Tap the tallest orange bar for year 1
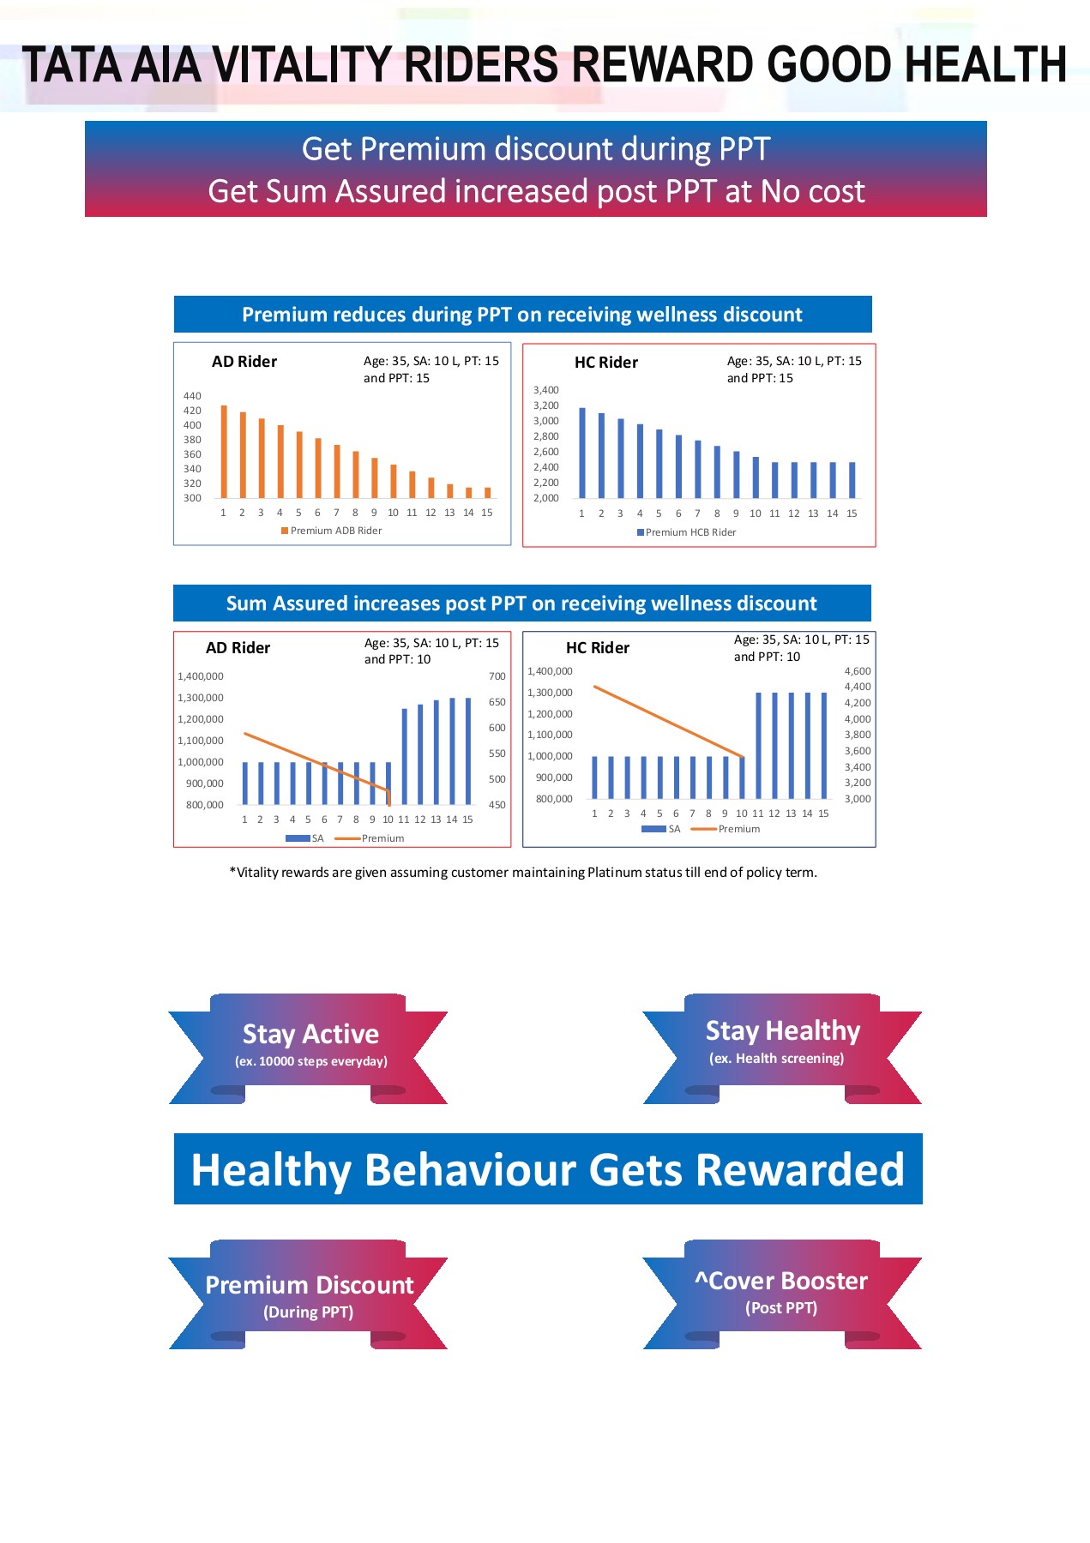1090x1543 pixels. coord(224,452)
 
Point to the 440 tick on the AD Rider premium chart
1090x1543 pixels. coord(192,396)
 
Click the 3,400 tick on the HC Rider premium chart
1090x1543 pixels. coord(545,390)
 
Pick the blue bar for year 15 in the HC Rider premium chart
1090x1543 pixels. coord(852,480)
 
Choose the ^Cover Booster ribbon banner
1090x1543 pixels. coord(781,1289)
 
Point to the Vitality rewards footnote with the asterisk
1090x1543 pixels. coord(523,873)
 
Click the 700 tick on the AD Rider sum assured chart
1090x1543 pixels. coord(497,676)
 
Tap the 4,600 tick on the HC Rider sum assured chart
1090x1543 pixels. coord(857,671)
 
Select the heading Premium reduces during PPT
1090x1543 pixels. coord(521,315)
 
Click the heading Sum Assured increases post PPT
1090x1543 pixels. coord(521,603)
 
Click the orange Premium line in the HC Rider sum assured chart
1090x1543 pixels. coord(669,722)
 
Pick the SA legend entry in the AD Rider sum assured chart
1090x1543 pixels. coord(305,838)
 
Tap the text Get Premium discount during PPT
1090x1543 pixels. coord(536,149)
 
